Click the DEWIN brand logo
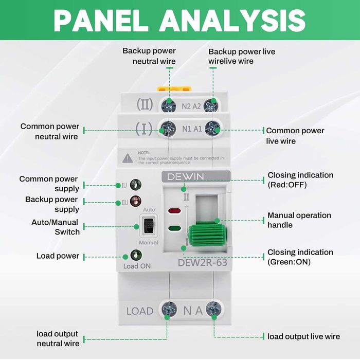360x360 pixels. (x=186, y=176)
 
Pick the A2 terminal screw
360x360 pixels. (x=211, y=105)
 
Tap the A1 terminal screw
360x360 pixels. (x=211, y=129)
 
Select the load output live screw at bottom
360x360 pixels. (x=213, y=310)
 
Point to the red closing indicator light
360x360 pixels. (x=174, y=211)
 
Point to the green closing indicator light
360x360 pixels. (x=174, y=228)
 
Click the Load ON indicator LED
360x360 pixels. (x=136, y=255)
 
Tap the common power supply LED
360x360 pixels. (x=135, y=185)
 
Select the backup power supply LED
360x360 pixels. (x=135, y=202)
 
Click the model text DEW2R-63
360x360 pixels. (x=202, y=262)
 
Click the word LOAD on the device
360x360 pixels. (x=140, y=311)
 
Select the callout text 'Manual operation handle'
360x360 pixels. (x=299, y=220)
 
